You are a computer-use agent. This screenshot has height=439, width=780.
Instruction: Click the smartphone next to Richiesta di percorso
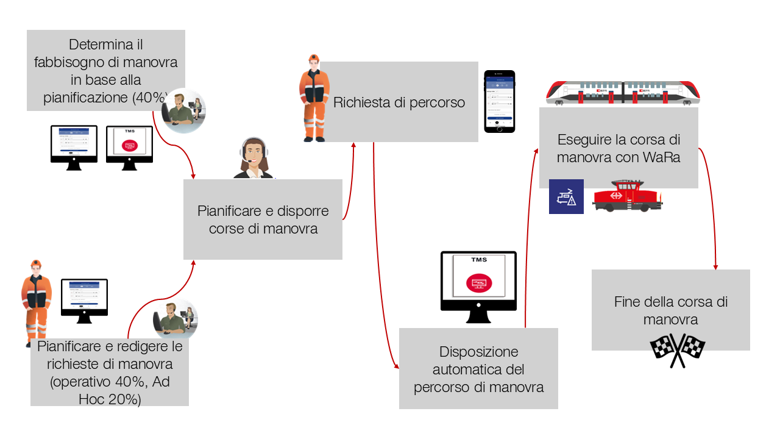[499, 101]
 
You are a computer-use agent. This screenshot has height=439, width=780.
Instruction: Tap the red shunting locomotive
[626, 196]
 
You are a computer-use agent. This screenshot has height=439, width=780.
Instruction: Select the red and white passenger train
[623, 93]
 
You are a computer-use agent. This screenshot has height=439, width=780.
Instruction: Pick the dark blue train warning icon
[566, 196]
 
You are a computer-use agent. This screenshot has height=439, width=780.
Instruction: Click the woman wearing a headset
[253, 159]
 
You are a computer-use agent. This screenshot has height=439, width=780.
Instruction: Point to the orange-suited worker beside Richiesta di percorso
[314, 98]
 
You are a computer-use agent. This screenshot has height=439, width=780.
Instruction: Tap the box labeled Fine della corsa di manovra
[670, 310]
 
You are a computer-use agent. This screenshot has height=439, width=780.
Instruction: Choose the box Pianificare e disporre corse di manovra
[263, 220]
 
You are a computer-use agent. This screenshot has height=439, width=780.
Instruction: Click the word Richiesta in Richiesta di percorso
[362, 102]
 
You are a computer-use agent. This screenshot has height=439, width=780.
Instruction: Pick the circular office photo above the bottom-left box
[175, 319]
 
